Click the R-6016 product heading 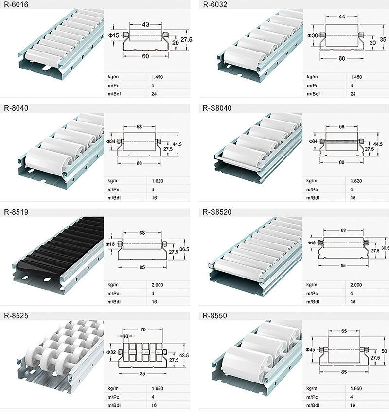pos(16,5)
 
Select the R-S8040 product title pos(217,108)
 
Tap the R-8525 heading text pos(16,316)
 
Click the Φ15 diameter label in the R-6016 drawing pos(114,35)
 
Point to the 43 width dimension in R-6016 pos(145,24)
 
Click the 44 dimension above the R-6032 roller pos(342,17)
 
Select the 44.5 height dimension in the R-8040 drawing pos(177,144)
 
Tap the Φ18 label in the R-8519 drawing pos(111,244)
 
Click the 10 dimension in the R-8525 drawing pos(125,336)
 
